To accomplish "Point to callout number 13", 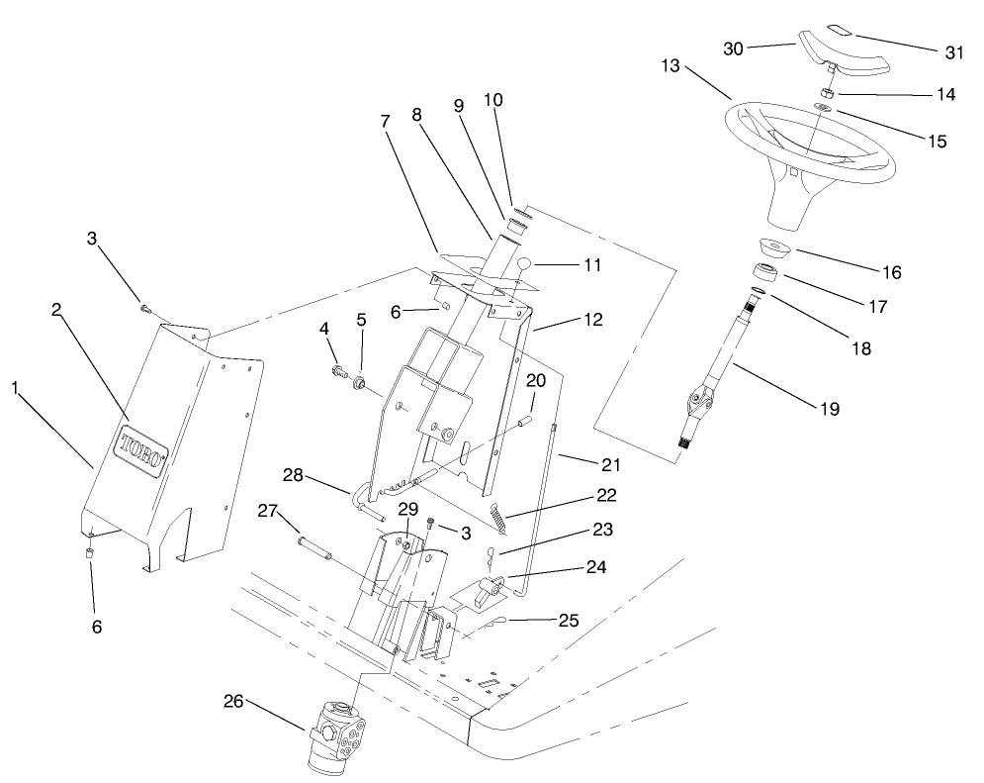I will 671,66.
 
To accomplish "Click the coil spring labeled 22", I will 503,514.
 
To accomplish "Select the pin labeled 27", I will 315,546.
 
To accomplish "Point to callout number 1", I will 16,389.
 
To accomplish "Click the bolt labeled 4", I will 342,373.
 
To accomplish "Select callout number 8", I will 416,116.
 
